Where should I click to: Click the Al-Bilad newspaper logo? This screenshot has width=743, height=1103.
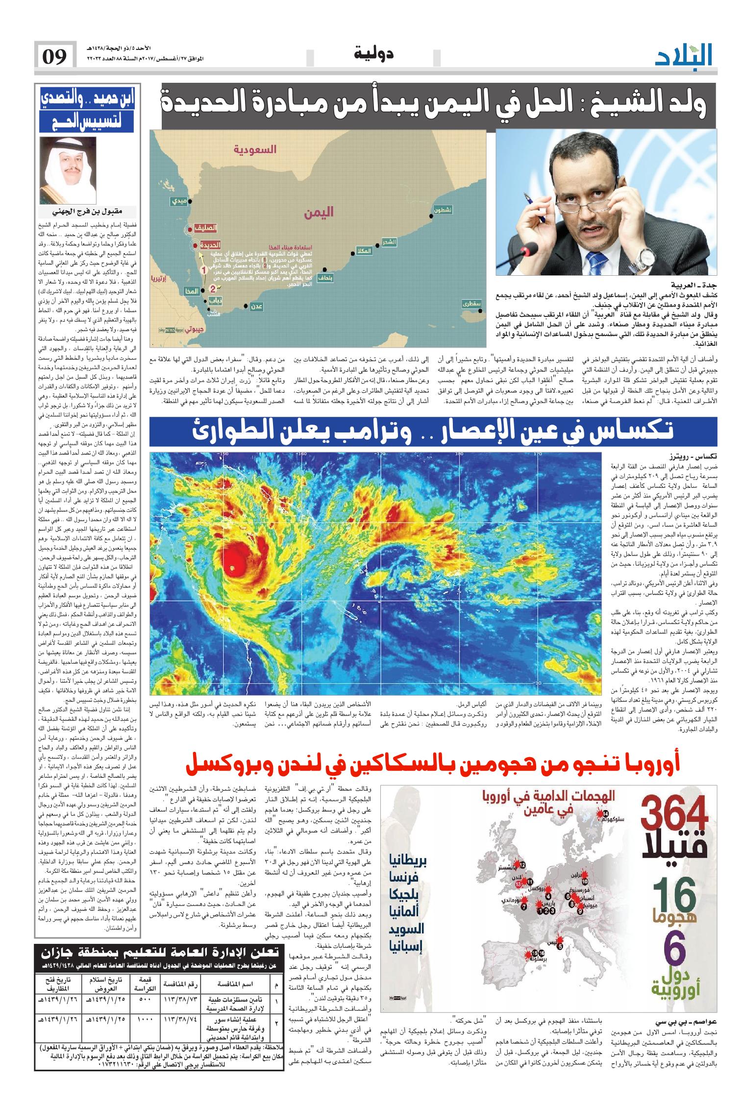point(684,55)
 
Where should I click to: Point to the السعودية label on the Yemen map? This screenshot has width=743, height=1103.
point(255,149)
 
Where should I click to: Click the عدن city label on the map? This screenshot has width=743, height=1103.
point(256,306)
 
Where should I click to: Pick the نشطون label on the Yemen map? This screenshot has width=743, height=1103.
point(443,210)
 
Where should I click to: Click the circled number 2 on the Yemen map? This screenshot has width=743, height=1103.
point(213,288)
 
